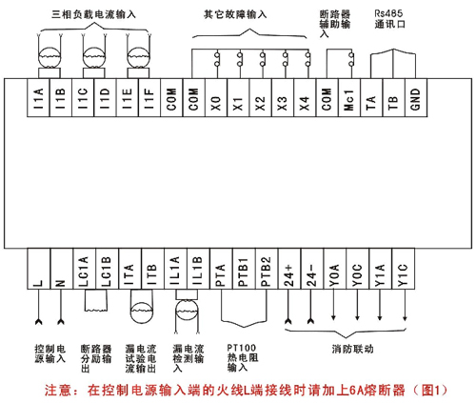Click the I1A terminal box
coord(38,97)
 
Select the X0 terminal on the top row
coord(216,97)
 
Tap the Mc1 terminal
coord(349,97)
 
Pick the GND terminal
coord(416,97)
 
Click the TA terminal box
coord(371,97)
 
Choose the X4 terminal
coord(305,97)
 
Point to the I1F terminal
coord(149,97)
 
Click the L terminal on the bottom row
coord(39,269)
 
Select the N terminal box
coord(62,269)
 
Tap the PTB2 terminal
coord(267,269)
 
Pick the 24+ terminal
coord(289,269)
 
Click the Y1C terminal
coord(404,269)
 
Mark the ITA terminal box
coord(129,269)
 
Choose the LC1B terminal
coord(107,269)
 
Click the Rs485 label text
coord(388,13)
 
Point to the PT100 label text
coord(242,348)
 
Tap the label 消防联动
coord(352,349)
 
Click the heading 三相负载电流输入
coord(93,14)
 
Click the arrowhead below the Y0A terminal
coord(333,317)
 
